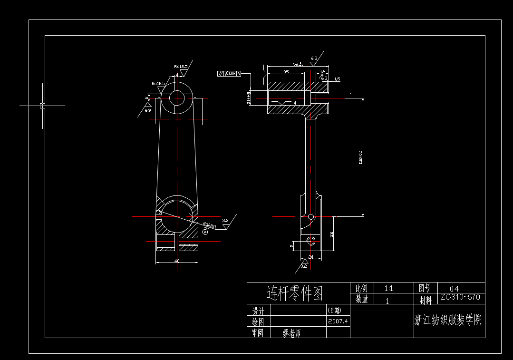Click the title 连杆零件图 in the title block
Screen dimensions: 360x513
[294, 293]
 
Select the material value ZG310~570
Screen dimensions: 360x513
[460, 297]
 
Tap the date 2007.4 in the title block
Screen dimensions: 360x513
[338, 321]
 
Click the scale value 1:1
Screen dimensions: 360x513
[388, 288]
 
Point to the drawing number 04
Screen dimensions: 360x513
[454, 288]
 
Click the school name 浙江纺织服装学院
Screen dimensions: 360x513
[448, 320]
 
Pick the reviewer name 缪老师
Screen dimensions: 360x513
[291, 333]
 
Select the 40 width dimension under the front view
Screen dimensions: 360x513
[177, 261]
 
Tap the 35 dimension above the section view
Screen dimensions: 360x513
[286, 72]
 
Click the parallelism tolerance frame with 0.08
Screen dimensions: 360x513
[229, 74]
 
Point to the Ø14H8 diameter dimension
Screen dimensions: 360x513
[248, 98]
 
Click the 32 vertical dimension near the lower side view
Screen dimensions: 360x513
[331, 234]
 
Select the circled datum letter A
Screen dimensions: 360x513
[205, 232]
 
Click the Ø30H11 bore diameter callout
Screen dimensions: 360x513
[210, 225]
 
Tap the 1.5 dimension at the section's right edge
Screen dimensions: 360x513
[337, 79]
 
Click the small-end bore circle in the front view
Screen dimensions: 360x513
[177, 97]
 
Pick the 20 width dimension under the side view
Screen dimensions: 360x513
[310, 257]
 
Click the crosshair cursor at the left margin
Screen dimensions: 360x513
[42, 106]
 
